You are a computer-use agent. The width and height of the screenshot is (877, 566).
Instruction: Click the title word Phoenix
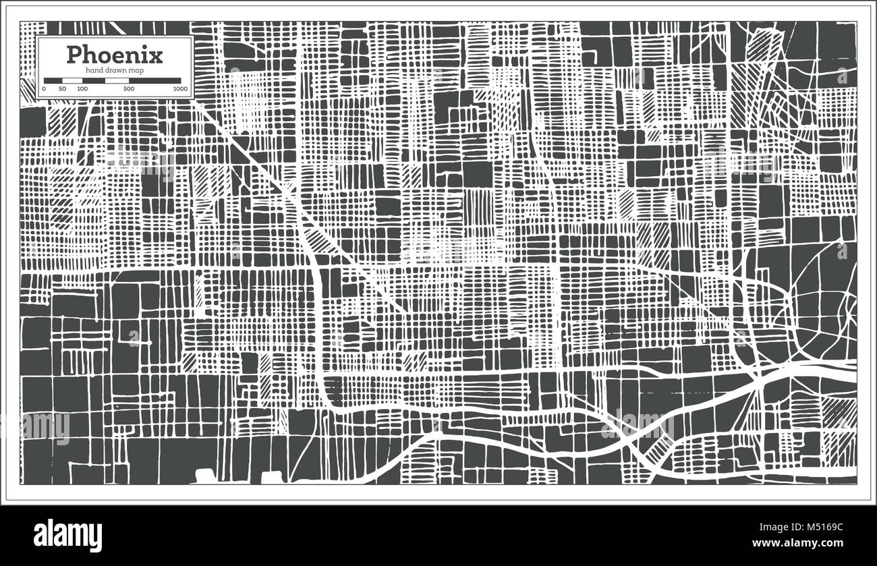tap(114, 54)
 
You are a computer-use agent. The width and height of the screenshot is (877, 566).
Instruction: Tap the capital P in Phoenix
tap(74, 54)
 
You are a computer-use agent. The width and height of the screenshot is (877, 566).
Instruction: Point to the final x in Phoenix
tap(156, 55)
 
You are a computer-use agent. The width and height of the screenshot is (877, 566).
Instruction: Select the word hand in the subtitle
tap(94, 71)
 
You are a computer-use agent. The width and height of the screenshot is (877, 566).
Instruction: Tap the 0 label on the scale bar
tap(44, 89)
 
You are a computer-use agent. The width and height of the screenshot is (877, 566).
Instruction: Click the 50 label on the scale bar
tap(63, 89)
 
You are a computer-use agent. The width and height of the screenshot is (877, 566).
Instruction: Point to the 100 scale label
tap(82, 89)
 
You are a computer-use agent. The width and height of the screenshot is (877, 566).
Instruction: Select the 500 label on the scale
tap(129, 89)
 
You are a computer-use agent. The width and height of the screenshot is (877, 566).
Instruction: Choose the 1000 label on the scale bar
tap(179, 89)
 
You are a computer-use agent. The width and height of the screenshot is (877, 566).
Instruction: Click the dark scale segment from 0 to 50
tap(53, 81)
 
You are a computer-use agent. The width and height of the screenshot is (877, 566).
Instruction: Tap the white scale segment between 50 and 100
tap(72, 81)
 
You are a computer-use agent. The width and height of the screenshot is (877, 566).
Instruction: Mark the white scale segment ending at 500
tap(117, 81)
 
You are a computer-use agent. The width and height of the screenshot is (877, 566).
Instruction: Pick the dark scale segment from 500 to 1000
tap(155, 81)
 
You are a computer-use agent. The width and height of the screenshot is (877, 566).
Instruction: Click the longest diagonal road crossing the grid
tap(297, 196)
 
